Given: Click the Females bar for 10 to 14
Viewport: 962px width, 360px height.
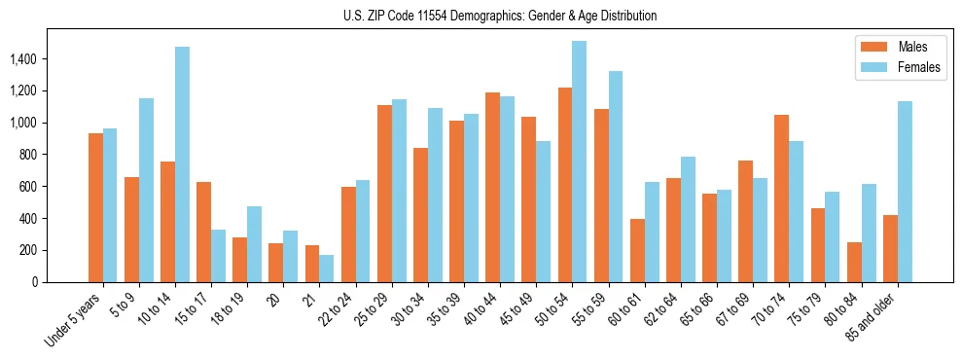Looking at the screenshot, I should [x=182, y=164].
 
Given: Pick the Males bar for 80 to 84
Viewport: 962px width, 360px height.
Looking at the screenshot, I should [x=854, y=262].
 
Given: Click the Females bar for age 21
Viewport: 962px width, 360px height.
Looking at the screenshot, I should [x=326, y=269].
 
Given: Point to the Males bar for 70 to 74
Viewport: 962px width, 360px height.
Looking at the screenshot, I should [x=782, y=198].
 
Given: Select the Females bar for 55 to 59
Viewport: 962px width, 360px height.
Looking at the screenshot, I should [x=616, y=176].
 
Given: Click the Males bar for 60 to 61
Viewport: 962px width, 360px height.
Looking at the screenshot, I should [x=637, y=250].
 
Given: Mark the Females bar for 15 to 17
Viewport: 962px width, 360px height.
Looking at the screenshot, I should [x=218, y=256].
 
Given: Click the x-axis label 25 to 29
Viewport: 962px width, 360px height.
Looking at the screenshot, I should [x=372, y=309].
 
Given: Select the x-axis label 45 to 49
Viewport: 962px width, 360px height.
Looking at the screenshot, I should [x=516, y=309].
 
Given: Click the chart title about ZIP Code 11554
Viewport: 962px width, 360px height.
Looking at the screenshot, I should [x=500, y=16].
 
